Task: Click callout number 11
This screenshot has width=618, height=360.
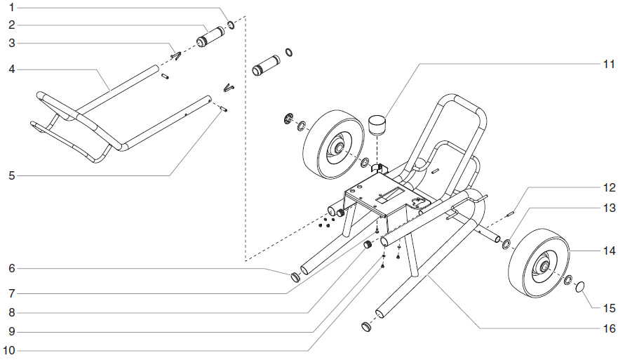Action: tap(607, 64)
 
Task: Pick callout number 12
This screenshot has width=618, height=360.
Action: tap(607, 188)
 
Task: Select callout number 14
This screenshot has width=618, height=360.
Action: tap(607, 250)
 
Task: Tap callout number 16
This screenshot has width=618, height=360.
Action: tap(607, 328)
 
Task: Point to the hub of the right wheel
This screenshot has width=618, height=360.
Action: tap(544, 266)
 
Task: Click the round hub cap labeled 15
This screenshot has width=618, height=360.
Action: tap(582, 287)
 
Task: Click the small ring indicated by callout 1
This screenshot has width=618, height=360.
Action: tap(230, 26)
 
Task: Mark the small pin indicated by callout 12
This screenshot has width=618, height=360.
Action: tap(511, 213)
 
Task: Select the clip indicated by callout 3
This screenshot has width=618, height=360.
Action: tap(176, 55)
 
